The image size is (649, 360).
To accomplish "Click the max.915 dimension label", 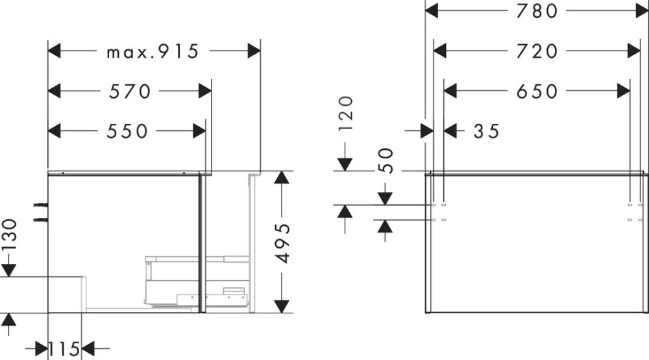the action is [x=153, y=52].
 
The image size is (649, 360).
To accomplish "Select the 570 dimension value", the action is [x=130, y=91].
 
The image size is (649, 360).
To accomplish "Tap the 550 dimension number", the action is [x=127, y=131].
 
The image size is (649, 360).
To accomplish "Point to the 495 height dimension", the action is [x=283, y=243].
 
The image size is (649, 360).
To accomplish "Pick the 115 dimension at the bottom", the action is [x=64, y=349].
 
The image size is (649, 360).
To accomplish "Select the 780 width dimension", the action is [x=537, y=11].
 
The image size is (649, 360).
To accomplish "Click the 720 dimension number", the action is [x=537, y=51].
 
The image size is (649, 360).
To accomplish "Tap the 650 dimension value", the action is [x=537, y=91].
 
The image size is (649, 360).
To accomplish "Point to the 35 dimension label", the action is [x=487, y=132].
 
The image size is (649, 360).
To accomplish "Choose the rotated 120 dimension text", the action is [x=346, y=114].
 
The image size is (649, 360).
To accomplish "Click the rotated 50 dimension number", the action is [x=386, y=160].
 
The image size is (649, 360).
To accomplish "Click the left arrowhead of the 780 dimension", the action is [x=432, y=11].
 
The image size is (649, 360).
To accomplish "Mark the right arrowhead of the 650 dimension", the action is [x=623, y=91].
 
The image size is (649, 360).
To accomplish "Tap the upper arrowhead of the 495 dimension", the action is [x=282, y=178].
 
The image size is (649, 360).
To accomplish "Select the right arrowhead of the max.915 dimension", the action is [x=254, y=51].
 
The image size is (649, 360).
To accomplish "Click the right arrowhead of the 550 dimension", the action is [x=199, y=131].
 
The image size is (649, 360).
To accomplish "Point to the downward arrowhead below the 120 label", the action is [x=345, y=164].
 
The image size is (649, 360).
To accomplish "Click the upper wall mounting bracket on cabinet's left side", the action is [x=40, y=205].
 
